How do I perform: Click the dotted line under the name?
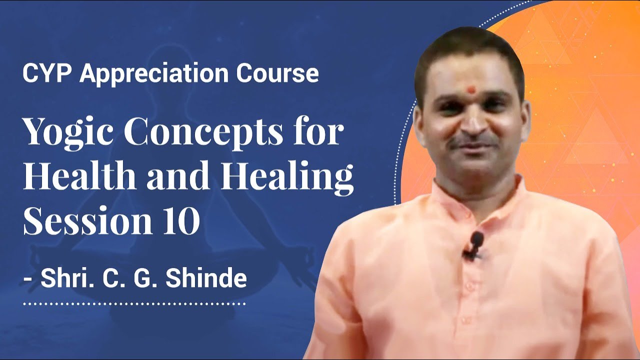pos(134,303)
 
